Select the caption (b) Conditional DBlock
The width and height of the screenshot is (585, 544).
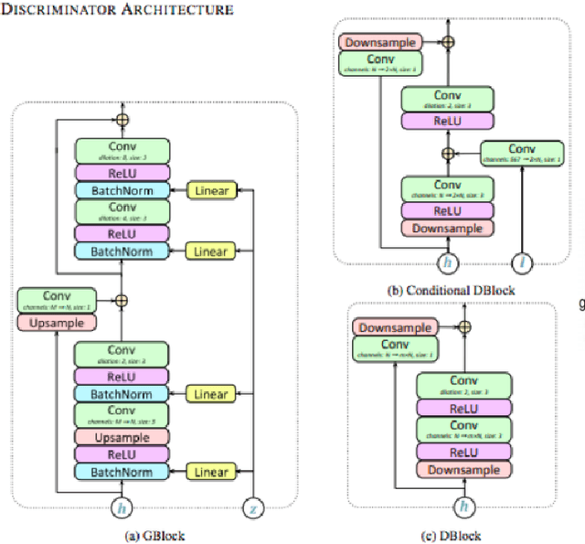[451, 291]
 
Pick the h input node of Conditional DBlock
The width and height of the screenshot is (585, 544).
[448, 263]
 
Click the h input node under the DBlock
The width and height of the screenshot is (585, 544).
[463, 505]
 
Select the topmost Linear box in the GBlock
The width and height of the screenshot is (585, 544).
[210, 190]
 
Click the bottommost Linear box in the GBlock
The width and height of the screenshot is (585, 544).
[210, 472]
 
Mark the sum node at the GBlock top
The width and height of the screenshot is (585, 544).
[122, 119]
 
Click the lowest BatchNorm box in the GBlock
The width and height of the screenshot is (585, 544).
[122, 472]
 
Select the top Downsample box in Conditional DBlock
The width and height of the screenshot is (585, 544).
[380, 42]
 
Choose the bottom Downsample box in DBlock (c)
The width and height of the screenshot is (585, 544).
[463, 469]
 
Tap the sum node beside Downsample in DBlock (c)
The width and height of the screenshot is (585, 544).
[463, 326]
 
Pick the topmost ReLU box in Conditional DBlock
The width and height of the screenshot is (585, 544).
[448, 121]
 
